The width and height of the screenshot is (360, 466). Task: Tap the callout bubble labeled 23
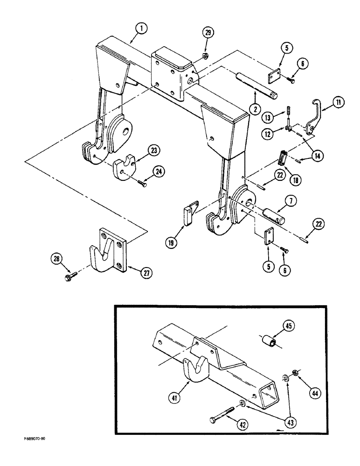[x=154, y=151]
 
